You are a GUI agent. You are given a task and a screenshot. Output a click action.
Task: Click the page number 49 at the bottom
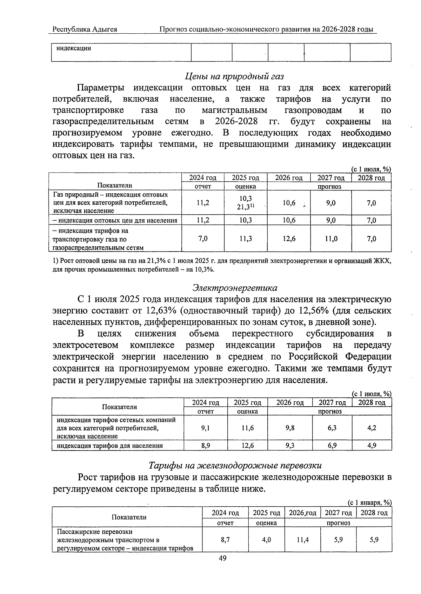coord(222,559)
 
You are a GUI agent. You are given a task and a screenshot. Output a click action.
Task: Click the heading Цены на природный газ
coord(234,76)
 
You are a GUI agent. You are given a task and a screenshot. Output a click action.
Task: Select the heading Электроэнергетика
coord(235,288)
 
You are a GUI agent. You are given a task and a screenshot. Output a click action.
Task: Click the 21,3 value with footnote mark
coord(245,207)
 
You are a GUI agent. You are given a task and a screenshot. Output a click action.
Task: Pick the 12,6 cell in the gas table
coord(289,239)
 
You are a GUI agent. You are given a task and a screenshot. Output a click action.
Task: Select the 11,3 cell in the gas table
coord(246,239)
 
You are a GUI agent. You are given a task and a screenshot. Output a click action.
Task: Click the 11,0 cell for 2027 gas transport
coord(331,239)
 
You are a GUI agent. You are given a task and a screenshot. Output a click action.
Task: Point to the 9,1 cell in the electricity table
coord(206,428)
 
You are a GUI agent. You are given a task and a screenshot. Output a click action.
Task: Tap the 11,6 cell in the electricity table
coord(248,428)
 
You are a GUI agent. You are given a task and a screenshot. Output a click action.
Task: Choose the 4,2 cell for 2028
coord(372,428)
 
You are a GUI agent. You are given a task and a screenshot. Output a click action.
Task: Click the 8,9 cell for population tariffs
coord(206,446)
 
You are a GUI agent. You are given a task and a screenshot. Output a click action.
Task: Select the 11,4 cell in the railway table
coord(302,540)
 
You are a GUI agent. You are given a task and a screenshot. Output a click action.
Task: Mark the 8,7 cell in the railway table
coord(225,540)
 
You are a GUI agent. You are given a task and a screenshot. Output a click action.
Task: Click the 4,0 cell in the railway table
coord(266,540)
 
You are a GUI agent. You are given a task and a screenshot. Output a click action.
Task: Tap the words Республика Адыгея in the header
coord(85,29)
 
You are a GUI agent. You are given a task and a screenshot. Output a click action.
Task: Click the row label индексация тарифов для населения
coord(110,446)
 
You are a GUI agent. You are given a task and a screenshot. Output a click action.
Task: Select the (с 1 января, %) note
coord(369,502)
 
